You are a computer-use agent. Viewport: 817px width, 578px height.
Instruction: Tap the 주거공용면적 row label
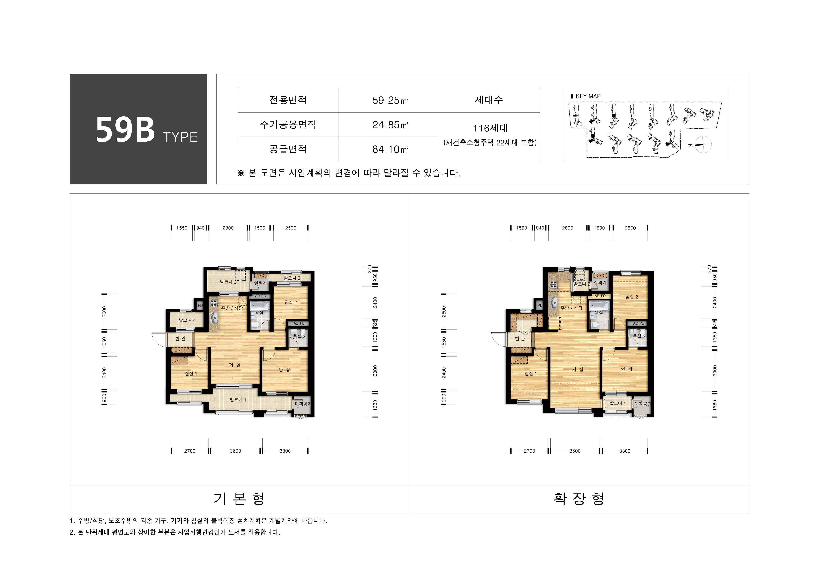click(x=288, y=124)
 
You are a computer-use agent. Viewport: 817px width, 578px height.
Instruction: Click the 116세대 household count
click(x=490, y=128)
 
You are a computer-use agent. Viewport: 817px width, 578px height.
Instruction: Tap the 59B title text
click(x=125, y=130)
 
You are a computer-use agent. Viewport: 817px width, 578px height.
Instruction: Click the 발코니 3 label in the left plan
click(x=292, y=278)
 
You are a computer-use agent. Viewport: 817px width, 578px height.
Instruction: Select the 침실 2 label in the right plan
click(x=632, y=297)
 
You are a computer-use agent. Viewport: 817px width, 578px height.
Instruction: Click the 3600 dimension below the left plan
click(x=235, y=451)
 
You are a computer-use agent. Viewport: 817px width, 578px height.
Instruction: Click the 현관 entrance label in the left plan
click(x=180, y=338)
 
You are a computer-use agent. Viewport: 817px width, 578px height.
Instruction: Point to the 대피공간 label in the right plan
click(x=642, y=404)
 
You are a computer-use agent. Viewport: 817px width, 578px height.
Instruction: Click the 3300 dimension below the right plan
click(x=625, y=451)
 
